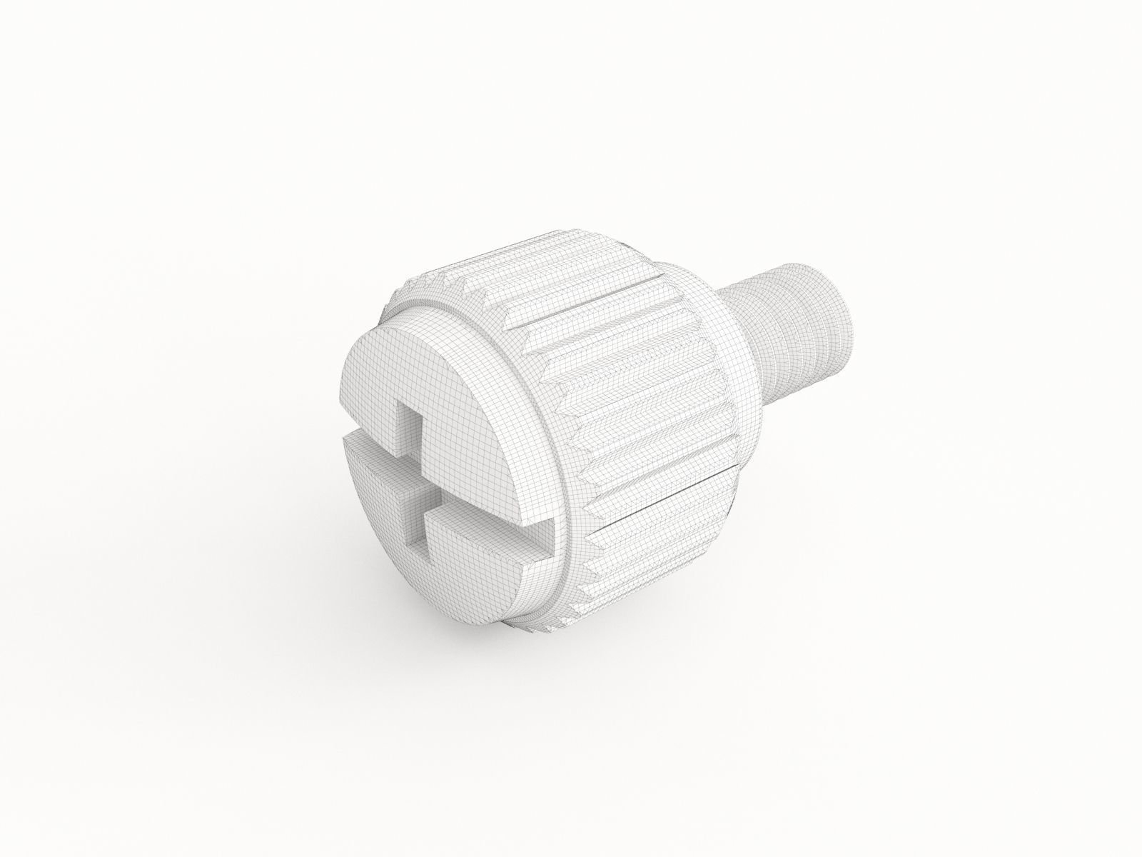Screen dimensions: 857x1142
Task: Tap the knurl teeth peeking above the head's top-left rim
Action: pos(428,286)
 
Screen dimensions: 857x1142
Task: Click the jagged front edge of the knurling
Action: pos(578,443)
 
